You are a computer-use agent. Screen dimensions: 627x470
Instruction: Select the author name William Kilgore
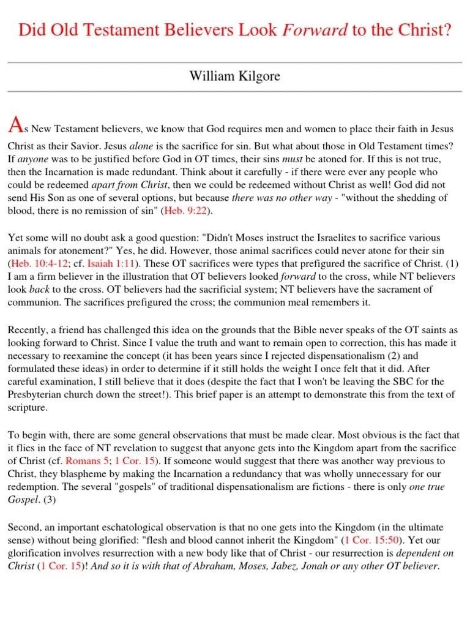coord(235,77)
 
